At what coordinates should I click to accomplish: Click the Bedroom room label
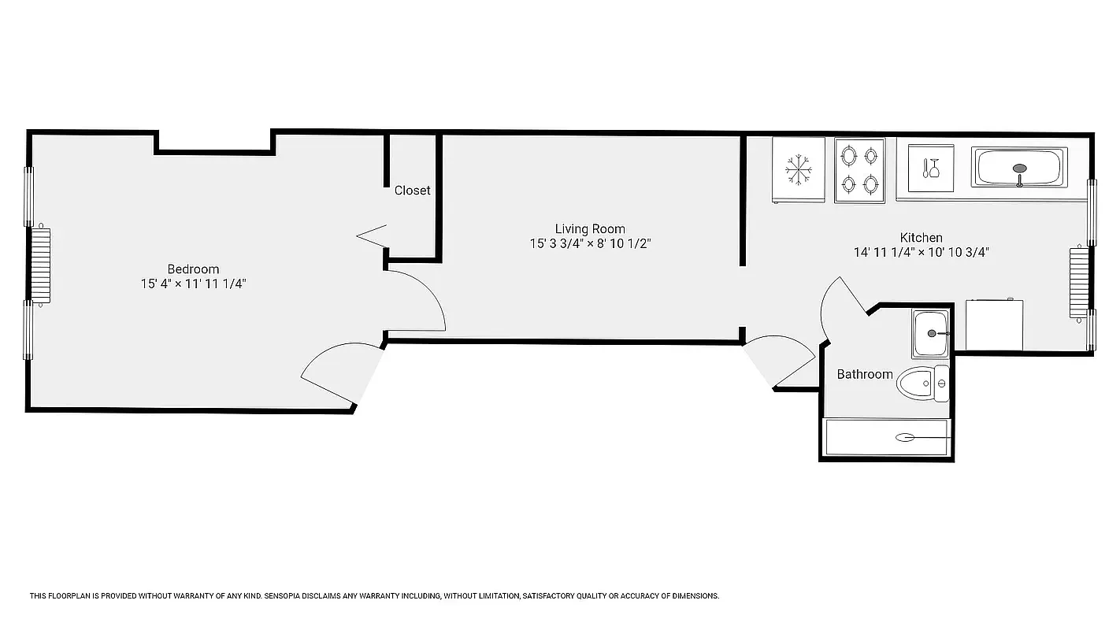193,269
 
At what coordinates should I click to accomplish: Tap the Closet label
412,191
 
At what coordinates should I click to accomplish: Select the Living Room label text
590,229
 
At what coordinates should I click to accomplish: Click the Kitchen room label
921,237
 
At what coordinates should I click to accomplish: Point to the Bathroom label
864,374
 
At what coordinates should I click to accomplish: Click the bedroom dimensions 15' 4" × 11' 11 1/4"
193,283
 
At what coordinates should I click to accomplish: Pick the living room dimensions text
590,244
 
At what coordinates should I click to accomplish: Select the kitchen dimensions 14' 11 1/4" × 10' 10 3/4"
921,252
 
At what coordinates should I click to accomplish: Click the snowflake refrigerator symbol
798,169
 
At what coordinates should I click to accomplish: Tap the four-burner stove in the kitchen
859,170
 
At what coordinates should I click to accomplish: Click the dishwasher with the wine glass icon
931,169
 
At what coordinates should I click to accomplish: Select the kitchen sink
1019,168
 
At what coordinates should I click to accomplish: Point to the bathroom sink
931,334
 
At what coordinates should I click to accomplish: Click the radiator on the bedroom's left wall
40,265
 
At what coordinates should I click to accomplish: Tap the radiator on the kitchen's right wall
1078,282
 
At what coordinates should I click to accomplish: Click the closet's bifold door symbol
372,235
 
